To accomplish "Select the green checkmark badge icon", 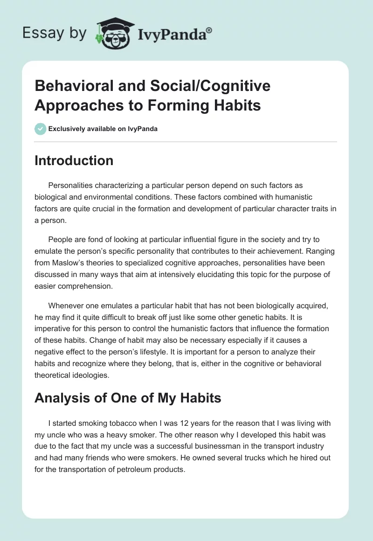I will (41, 129).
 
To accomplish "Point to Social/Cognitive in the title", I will (204, 86).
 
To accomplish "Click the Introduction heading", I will (74, 160).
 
